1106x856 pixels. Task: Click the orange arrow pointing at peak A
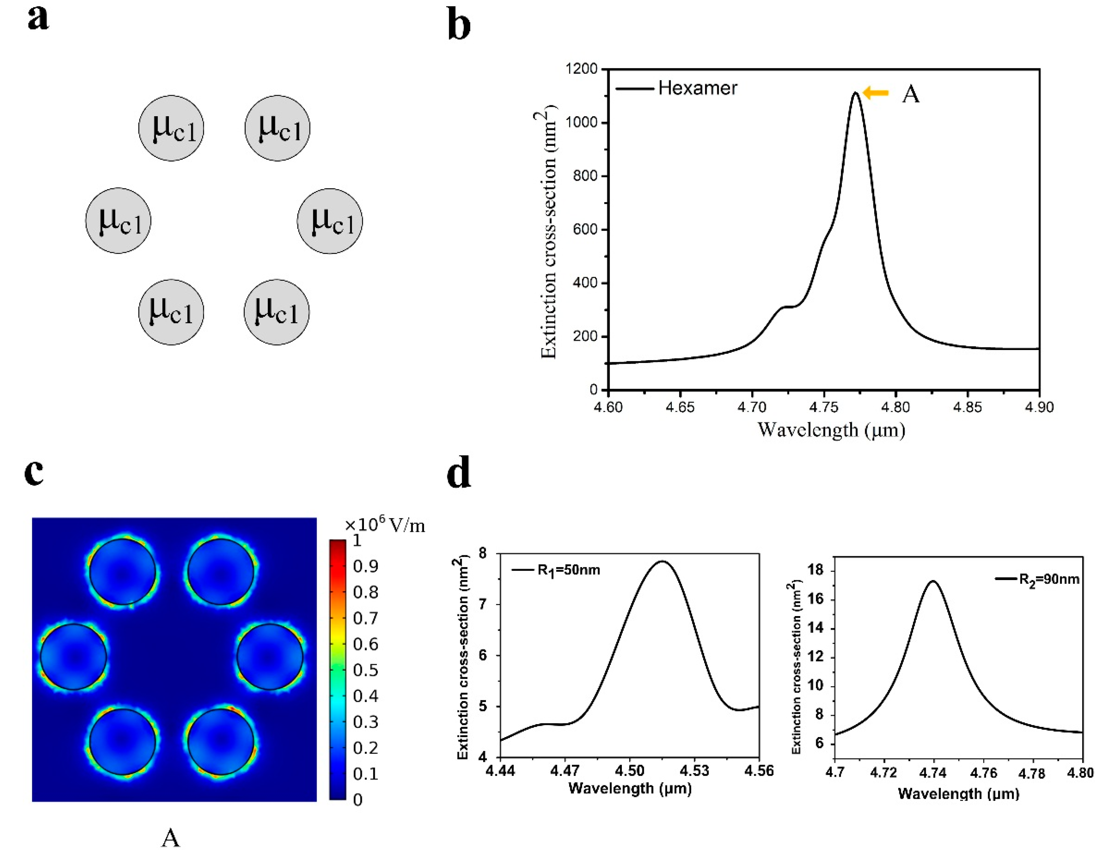(x=876, y=93)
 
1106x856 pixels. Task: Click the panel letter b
(x=459, y=26)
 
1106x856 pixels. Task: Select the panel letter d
(x=459, y=473)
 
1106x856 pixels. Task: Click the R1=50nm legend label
(x=568, y=570)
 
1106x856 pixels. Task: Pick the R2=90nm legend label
(x=1049, y=579)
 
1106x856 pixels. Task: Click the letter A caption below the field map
(x=171, y=838)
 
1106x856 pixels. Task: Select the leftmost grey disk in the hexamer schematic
(x=118, y=221)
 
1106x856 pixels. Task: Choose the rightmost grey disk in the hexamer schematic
(x=330, y=221)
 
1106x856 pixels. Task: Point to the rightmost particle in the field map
(x=270, y=657)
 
